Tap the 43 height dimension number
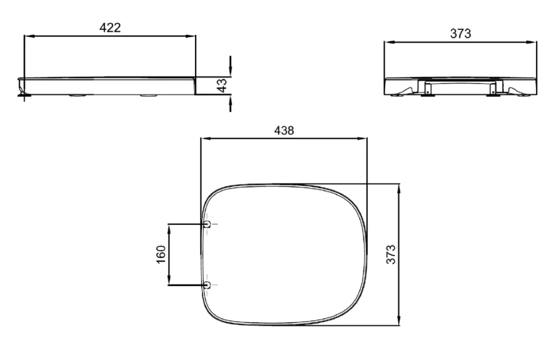(221, 85)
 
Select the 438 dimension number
(284, 130)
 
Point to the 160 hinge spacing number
(161, 254)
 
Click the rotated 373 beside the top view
(391, 254)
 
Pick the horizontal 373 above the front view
(460, 34)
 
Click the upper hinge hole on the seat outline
(207, 224)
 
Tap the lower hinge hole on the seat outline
(207, 285)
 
